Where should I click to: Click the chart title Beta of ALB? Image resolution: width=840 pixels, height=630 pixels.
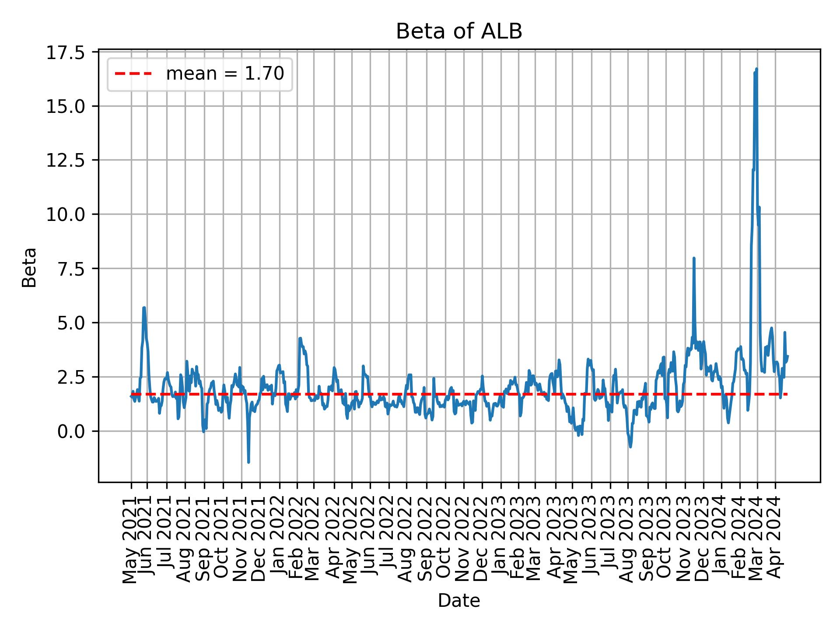[459, 32]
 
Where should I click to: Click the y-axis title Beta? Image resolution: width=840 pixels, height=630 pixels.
[29, 267]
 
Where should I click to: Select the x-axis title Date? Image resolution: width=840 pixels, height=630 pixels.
[459, 601]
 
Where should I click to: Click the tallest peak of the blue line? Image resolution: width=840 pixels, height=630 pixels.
[756, 69]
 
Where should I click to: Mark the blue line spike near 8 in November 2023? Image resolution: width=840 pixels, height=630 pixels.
[694, 258]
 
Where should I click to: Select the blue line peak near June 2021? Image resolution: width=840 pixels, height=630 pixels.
[144, 308]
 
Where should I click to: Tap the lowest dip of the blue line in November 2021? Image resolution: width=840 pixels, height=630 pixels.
[248, 462]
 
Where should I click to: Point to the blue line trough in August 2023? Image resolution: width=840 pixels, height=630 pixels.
[630, 447]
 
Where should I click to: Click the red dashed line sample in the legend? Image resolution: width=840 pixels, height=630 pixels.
[133, 74]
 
